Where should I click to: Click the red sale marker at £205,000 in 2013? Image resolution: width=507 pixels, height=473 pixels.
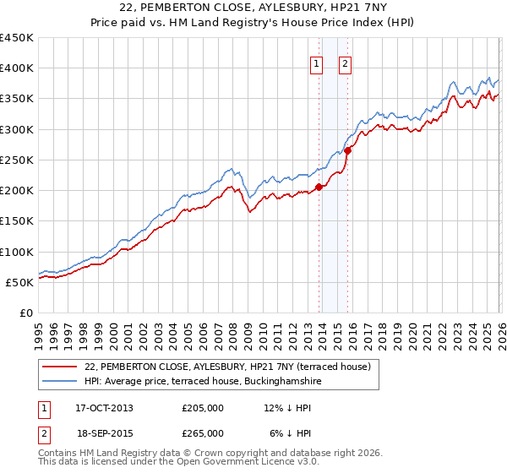(x=319, y=188)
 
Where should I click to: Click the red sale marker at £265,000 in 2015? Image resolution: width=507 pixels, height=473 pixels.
(x=347, y=150)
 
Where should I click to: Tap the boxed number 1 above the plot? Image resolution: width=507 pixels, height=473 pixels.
(x=316, y=62)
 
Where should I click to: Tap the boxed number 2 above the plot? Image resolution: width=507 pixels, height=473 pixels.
(x=346, y=62)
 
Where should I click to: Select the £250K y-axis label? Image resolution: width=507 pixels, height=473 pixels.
(x=17, y=160)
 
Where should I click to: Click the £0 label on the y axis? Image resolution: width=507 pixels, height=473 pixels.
(x=25, y=313)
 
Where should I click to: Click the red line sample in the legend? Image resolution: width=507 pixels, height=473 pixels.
(x=59, y=367)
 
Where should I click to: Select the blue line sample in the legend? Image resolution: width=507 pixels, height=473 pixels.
(x=59, y=382)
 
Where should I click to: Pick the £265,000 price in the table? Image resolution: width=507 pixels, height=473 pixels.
(x=203, y=432)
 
